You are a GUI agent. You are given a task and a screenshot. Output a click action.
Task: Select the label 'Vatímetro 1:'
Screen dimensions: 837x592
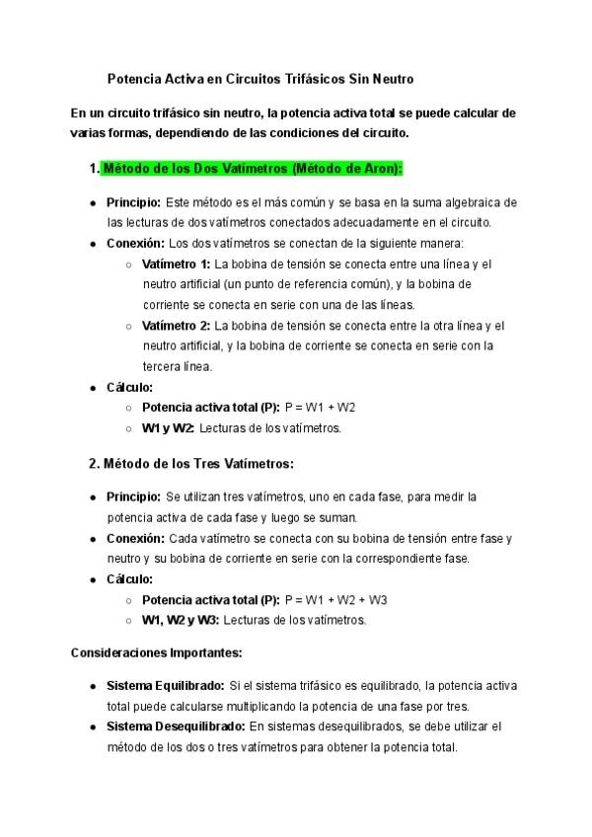click(176, 265)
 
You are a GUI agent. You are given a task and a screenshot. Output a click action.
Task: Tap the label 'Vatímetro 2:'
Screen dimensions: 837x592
click(176, 326)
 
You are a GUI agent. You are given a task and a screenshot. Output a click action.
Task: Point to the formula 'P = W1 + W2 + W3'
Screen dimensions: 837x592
click(335, 600)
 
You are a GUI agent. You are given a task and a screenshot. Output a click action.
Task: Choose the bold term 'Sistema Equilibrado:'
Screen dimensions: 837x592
click(165, 686)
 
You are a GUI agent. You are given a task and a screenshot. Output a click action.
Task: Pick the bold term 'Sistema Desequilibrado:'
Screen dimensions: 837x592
click(176, 726)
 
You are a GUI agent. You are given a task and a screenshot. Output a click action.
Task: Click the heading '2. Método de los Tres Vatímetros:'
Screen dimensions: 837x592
click(191, 463)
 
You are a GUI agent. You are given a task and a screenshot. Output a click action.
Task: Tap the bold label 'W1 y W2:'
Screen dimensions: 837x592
click(168, 428)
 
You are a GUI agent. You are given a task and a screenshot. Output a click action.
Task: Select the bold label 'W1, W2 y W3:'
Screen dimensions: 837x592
click(181, 621)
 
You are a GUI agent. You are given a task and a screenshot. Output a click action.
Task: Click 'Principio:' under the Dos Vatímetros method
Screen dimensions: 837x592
click(134, 202)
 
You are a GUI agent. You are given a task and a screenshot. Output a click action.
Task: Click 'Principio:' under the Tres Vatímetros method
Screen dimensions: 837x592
click(134, 496)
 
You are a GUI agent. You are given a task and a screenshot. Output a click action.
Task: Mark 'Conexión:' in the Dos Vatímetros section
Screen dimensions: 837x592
click(135, 243)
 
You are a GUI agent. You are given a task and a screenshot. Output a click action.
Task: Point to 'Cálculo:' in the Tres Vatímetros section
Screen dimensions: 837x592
click(129, 579)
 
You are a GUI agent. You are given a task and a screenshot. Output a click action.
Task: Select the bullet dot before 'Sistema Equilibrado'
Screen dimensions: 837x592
click(93, 686)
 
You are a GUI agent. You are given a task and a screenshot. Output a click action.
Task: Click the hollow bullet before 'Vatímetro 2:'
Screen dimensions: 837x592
click(129, 326)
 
